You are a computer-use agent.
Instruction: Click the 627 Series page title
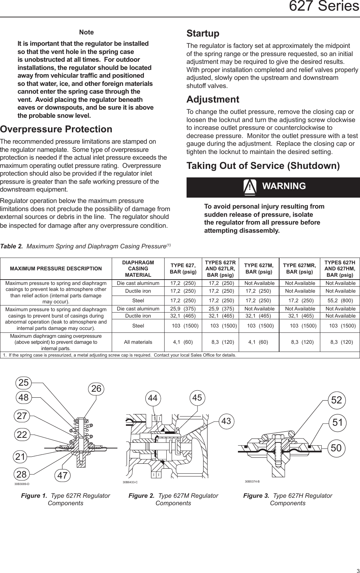point(324,7)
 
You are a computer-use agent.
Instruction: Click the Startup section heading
point(203,34)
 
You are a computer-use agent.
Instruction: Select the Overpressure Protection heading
point(56,129)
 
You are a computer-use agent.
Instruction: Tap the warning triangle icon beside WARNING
point(250,187)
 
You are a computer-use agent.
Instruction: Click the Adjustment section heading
point(213,99)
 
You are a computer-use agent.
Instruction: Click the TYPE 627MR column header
point(299,269)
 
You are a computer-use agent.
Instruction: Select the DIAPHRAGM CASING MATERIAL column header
point(138,269)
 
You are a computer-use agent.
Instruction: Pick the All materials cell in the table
point(138,342)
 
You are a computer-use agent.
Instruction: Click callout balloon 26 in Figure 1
point(96,389)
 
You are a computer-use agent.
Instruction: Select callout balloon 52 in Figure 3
point(337,401)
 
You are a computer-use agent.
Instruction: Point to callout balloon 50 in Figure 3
point(336,448)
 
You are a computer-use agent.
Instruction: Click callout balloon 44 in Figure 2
point(153,398)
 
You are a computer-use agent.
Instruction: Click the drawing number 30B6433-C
point(130,482)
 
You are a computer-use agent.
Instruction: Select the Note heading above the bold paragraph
point(87,32)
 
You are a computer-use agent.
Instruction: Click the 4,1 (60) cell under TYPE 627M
point(259,342)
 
